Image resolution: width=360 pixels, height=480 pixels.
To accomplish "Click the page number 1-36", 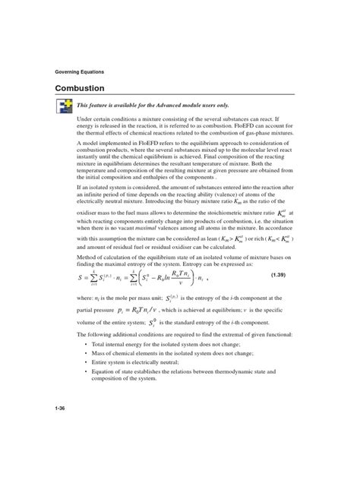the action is tap(61, 431).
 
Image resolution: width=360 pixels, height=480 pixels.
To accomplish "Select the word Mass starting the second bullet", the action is tap(99, 355).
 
